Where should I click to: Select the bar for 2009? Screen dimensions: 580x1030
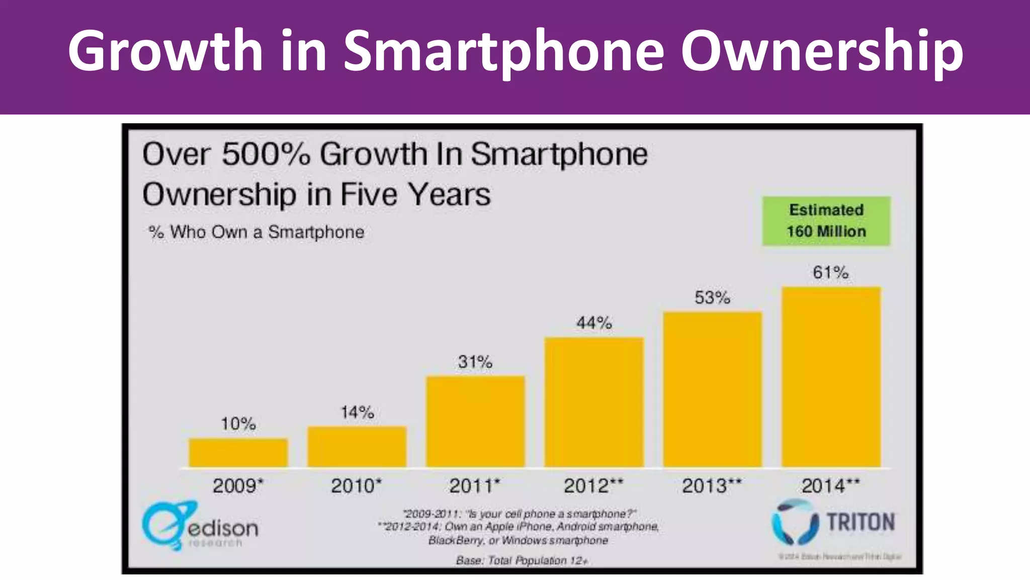coord(238,453)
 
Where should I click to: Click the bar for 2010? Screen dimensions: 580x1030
coord(357,447)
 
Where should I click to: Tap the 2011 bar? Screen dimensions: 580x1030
coord(476,421)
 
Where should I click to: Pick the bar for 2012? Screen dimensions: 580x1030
coord(594,402)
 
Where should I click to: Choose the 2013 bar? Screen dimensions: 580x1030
coord(713,389)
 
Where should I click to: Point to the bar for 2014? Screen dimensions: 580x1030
coord(831,377)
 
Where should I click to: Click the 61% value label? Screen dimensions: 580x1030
coord(831,272)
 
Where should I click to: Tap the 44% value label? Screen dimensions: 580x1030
coord(594,322)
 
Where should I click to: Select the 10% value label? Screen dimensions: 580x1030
coord(238,423)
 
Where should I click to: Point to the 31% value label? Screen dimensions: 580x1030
coord(475,361)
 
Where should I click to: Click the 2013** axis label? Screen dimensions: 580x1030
coord(712,486)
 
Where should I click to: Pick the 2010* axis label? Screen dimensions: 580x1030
coord(356,486)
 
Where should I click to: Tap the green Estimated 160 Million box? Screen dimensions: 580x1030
coord(826,221)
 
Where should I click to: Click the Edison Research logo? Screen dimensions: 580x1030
coord(200,526)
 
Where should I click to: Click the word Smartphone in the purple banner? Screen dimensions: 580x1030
coord(503,50)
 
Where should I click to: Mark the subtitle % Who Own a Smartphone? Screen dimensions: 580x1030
coord(256,232)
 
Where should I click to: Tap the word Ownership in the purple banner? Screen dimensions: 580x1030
coord(822,50)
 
